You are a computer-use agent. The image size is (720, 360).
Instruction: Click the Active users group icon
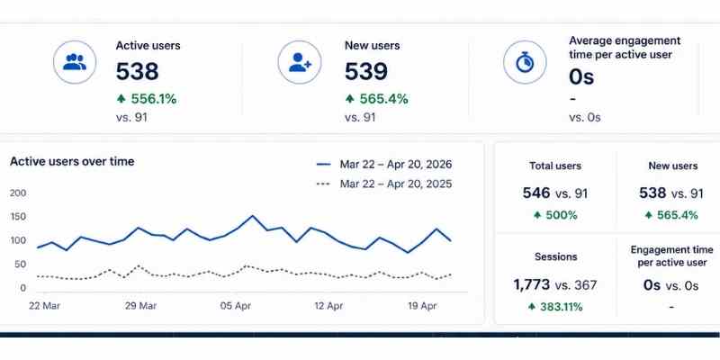click(x=75, y=62)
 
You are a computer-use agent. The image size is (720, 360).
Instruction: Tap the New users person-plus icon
click(x=300, y=62)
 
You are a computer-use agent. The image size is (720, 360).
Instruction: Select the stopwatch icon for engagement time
click(x=526, y=62)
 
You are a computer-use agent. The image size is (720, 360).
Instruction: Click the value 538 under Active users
click(x=137, y=71)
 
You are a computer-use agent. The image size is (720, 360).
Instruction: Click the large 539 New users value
click(x=365, y=71)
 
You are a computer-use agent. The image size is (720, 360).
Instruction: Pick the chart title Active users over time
click(x=72, y=161)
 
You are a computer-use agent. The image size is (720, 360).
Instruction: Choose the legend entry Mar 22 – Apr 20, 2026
click(x=395, y=164)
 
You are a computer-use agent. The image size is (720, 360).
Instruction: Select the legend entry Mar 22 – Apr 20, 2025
click(x=395, y=184)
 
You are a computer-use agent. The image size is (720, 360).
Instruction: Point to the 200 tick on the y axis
click(x=18, y=193)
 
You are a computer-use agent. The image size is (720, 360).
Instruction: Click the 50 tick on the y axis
click(x=21, y=264)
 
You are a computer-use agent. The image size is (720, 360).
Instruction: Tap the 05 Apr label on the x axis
click(x=236, y=306)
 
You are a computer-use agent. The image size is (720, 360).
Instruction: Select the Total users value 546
click(x=536, y=193)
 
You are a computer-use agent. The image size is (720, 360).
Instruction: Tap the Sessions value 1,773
click(x=531, y=284)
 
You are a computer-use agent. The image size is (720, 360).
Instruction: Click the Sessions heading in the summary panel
click(x=555, y=256)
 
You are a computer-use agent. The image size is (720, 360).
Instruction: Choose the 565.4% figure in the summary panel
click(x=678, y=215)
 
